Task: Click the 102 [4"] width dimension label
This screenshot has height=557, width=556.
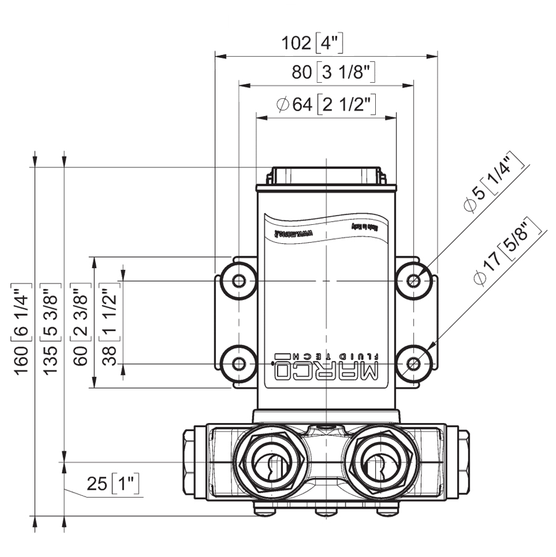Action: (312, 43)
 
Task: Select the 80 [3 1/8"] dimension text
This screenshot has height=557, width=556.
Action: (334, 72)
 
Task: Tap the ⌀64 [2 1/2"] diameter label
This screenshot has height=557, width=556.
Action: (326, 104)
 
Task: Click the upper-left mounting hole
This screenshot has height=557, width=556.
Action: (239, 282)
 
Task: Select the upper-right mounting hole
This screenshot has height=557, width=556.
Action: (414, 282)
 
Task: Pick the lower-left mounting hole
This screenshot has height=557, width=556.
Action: (239, 364)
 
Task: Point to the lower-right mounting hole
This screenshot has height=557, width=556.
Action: (414, 364)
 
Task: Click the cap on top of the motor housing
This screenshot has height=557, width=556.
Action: (325, 175)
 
